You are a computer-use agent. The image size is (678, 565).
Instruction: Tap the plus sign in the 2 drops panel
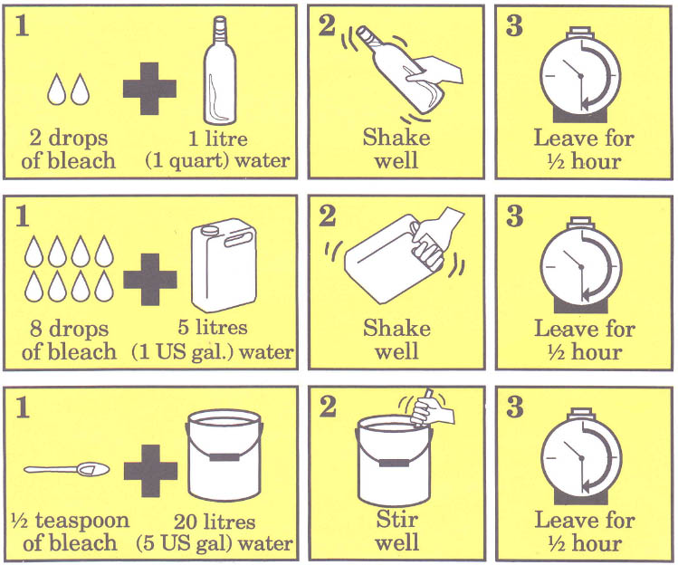(149, 89)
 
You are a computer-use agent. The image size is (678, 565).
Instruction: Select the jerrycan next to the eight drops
(224, 264)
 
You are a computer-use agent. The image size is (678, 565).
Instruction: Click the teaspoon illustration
(67, 469)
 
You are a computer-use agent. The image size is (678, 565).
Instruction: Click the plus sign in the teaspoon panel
(150, 471)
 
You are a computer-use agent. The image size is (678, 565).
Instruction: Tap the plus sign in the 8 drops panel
(150, 280)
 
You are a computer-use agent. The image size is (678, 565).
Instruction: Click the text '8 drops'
(69, 329)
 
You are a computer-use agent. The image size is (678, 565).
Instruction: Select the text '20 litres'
(215, 522)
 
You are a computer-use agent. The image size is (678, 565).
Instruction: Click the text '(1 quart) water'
(217, 160)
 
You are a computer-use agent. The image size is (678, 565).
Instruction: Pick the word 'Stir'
(396, 519)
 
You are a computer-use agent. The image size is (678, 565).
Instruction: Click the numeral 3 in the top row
(514, 26)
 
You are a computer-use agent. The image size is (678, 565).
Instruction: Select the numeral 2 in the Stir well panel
(328, 407)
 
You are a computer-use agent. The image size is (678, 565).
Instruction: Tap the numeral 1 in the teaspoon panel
(23, 407)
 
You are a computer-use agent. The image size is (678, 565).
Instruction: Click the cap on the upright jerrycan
(210, 230)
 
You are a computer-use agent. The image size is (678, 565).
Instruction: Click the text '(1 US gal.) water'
(213, 351)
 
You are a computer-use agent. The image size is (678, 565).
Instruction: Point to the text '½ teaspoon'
(70, 520)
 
